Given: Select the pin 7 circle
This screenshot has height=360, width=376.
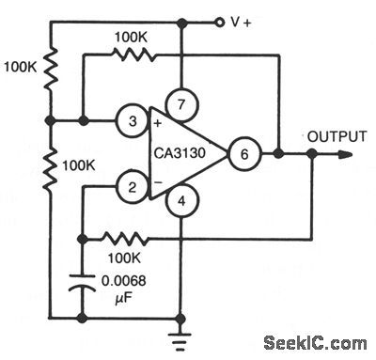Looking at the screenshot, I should click(x=180, y=101).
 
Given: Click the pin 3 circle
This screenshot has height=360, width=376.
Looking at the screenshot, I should click(x=133, y=120).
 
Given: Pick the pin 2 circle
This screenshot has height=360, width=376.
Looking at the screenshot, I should click(x=133, y=188).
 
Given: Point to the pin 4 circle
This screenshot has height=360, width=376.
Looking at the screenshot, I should click(x=180, y=199).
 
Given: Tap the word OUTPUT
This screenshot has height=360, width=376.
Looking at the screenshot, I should click(x=335, y=136).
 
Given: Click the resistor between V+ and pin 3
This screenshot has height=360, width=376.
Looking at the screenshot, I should click(x=50, y=68).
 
